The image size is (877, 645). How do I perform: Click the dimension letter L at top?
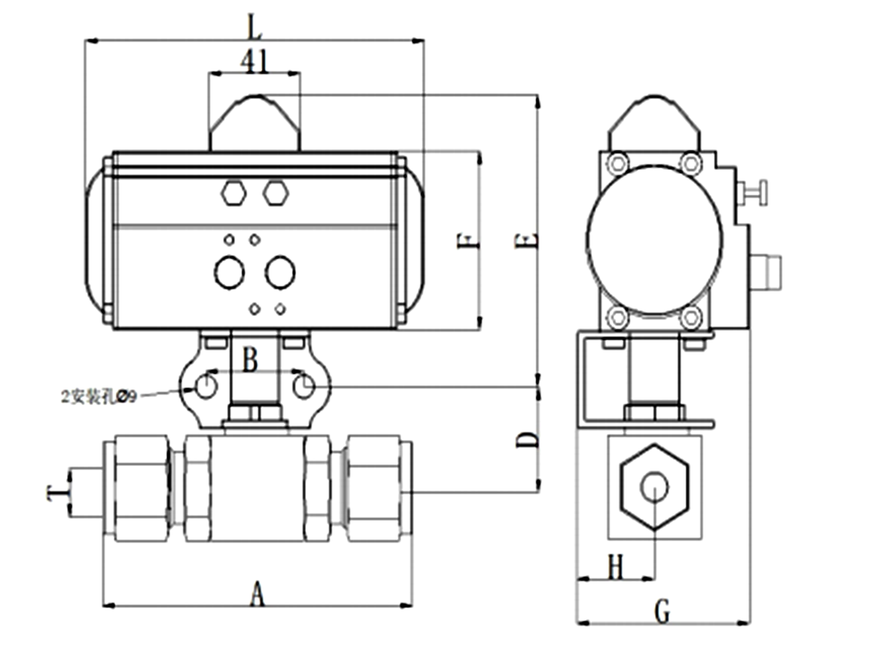click(x=255, y=26)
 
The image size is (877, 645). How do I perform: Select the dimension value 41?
click(x=254, y=61)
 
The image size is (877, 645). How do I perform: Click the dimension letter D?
click(x=528, y=440)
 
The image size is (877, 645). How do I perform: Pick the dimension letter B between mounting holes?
click(x=250, y=360)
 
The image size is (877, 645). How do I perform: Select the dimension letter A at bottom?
click(x=257, y=594)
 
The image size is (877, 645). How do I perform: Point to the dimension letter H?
click(x=615, y=568)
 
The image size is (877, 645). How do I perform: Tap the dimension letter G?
click(x=662, y=611)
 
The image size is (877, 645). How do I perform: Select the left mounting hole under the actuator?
click(x=206, y=386)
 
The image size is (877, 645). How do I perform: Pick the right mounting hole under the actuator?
click(x=303, y=386)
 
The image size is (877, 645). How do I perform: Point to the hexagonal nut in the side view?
click(x=655, y=487)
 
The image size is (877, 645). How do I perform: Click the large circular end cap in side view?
click(x=655, y=240)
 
